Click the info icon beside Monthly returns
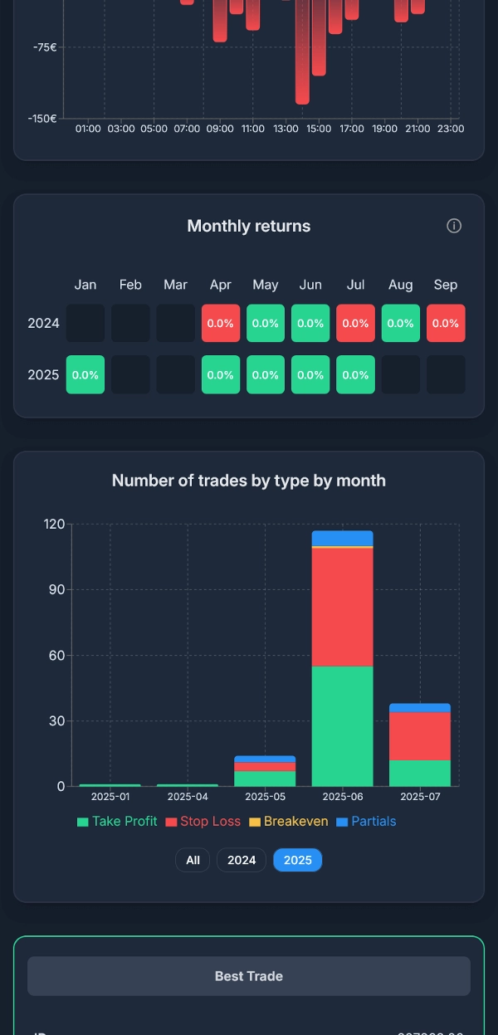click(454, 226)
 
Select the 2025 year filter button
click(297, 860)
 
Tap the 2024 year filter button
click(242, 860)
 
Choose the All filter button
click(193, 860)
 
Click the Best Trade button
click(249, 976)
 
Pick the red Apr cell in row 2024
click(221, 324)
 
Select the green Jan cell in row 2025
click(85, 374)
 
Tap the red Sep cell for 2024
click(446, 324)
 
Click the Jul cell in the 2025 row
click(355, 374)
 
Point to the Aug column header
click(400, 285)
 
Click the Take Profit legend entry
click(117, 822)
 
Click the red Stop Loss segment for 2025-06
click(342, 607)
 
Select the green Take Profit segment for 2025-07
click(420, 773)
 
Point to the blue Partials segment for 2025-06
click(342, 538)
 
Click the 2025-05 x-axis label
click(264, 797)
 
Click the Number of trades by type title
click(249, 481)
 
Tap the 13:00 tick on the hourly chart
click(286, 129)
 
